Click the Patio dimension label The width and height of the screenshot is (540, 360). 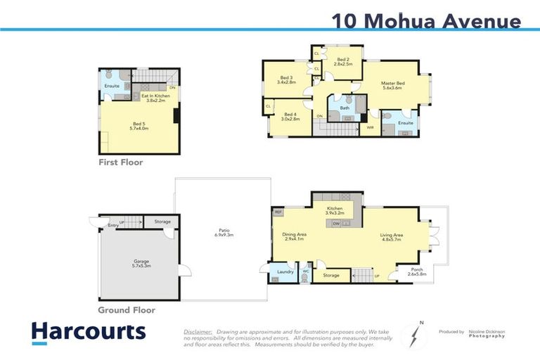[x=224, y=233]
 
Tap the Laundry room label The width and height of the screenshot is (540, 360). [x=285, y=271]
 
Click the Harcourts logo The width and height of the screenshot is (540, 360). [x=88, y=331]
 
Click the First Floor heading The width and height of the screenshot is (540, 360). [x=120, y=162]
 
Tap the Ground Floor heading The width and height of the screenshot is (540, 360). [x=127, y=309]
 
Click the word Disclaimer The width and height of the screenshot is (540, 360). [x=198, y=330]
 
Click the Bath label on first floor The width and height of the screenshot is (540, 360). [x=345, y=108]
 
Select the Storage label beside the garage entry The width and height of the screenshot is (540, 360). [x=162, y=222]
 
